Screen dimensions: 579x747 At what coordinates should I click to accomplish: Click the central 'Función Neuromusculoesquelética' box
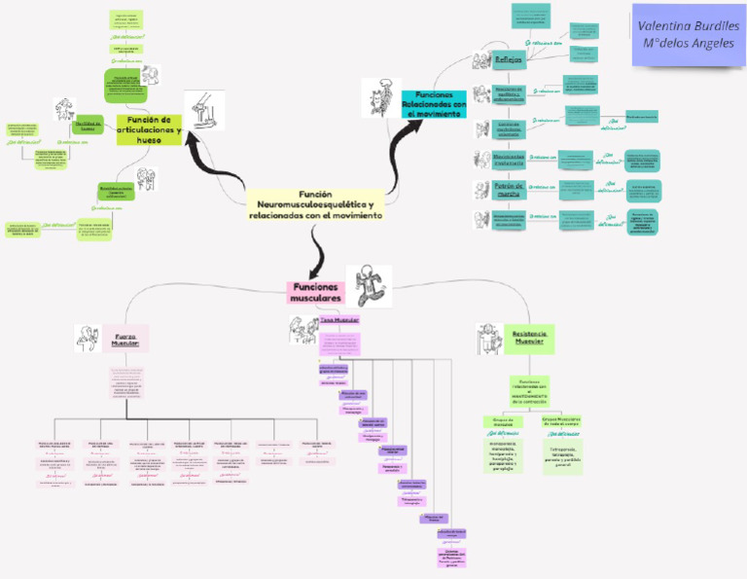[x=315, y=204]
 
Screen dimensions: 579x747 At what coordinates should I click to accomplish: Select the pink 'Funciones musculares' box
[x=316, y=292]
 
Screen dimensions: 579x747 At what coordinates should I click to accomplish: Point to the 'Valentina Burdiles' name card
[x=688, y=34]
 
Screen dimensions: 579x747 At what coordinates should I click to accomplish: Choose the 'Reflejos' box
[x=510, y=60]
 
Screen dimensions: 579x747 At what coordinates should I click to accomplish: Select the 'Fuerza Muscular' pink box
[x=124, y=339]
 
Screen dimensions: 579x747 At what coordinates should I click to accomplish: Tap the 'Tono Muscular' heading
[x=339, y=319]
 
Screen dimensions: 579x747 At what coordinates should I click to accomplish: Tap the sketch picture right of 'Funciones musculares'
[x=368, y=281]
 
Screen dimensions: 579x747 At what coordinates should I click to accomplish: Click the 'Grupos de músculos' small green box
[x=503, y=422]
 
